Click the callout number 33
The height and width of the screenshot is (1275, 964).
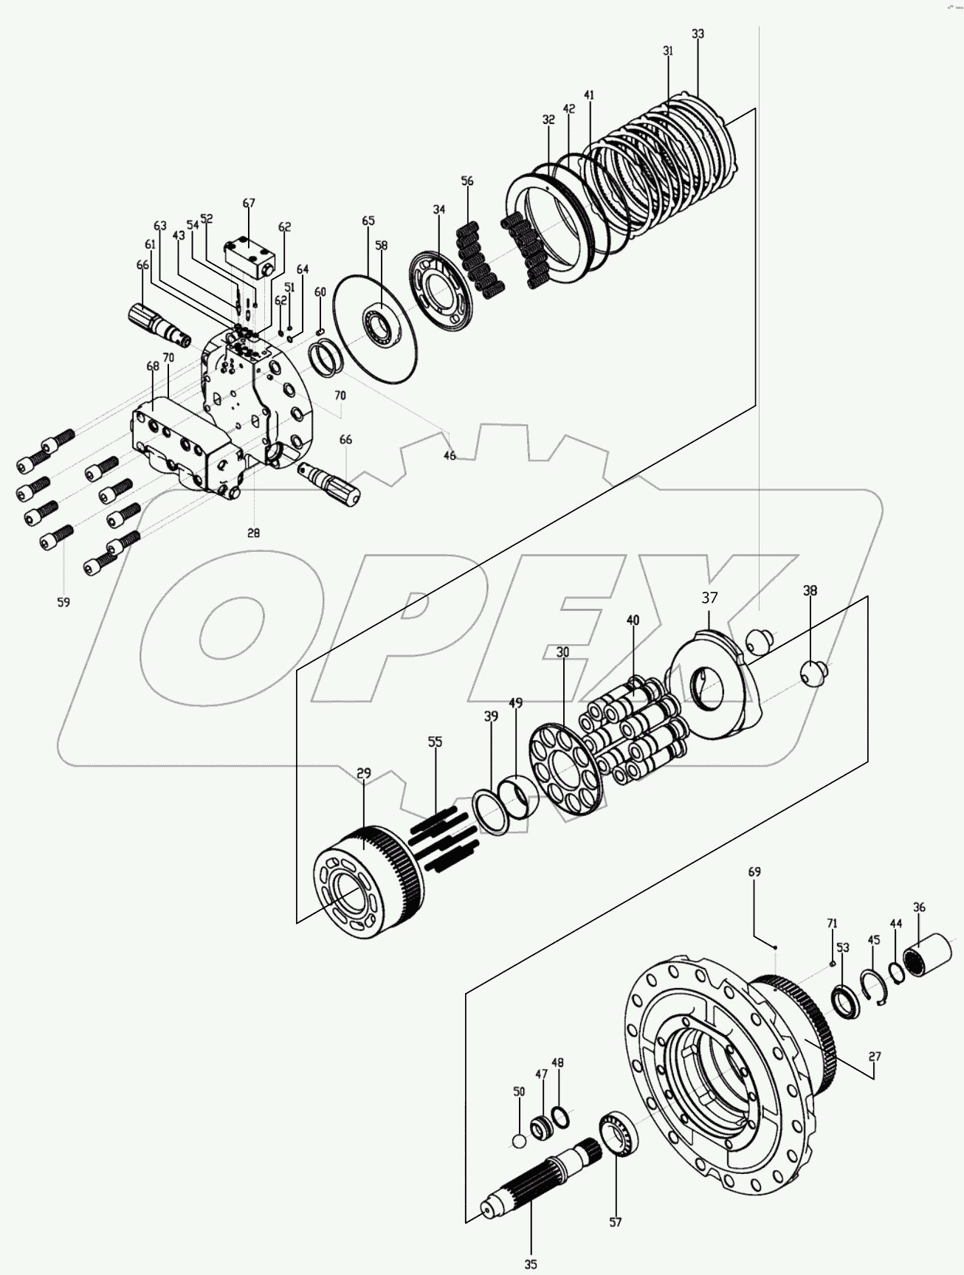click(x=698, y=34)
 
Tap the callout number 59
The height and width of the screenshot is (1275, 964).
click(x=63, y=602)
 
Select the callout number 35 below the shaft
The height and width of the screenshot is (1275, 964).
click(x=531, y=1263)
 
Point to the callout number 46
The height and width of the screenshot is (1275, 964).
click(x=450, y=456)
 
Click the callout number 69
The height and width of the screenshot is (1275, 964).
click(x=754, y=871)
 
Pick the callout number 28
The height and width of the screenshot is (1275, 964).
click(x=254, y=532)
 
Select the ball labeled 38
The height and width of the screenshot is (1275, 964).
click(x=812, y=673)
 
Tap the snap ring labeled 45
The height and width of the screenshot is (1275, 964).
click(x=875, y=985)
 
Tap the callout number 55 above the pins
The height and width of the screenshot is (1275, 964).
click(x=435, y=742)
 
